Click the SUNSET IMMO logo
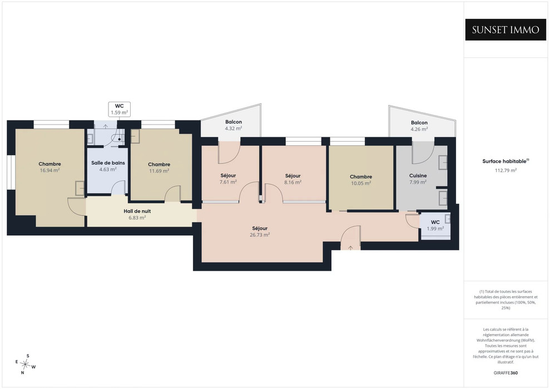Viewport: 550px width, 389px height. [x=506, y=29]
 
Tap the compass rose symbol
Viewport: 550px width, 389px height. [x=25, y=365]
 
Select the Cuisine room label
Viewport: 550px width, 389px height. [x=418, y=176]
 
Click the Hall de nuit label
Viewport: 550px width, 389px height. [x=137, y=211]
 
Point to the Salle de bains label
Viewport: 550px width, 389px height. [x=108, y=163]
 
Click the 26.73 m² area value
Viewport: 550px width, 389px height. [x=260, y=235]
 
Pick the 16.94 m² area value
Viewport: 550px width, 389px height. [x=50, y=170]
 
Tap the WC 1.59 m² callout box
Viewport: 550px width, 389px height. [x=119, y=109]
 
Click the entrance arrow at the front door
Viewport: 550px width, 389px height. [x=350, y=247]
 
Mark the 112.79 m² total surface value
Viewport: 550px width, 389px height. [x=506, y=170]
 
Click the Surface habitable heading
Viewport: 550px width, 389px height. [x=506, y=161]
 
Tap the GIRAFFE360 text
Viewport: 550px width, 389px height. [x=506, y=373]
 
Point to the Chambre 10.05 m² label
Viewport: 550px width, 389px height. [x=361, y=180]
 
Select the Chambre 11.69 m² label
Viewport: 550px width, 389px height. [x=159, y=167]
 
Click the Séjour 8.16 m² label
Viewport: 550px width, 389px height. [x=293, y=179]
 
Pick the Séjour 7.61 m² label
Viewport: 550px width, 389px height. [x=228, y=179]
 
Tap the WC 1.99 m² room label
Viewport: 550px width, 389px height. [x=435, y=225]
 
